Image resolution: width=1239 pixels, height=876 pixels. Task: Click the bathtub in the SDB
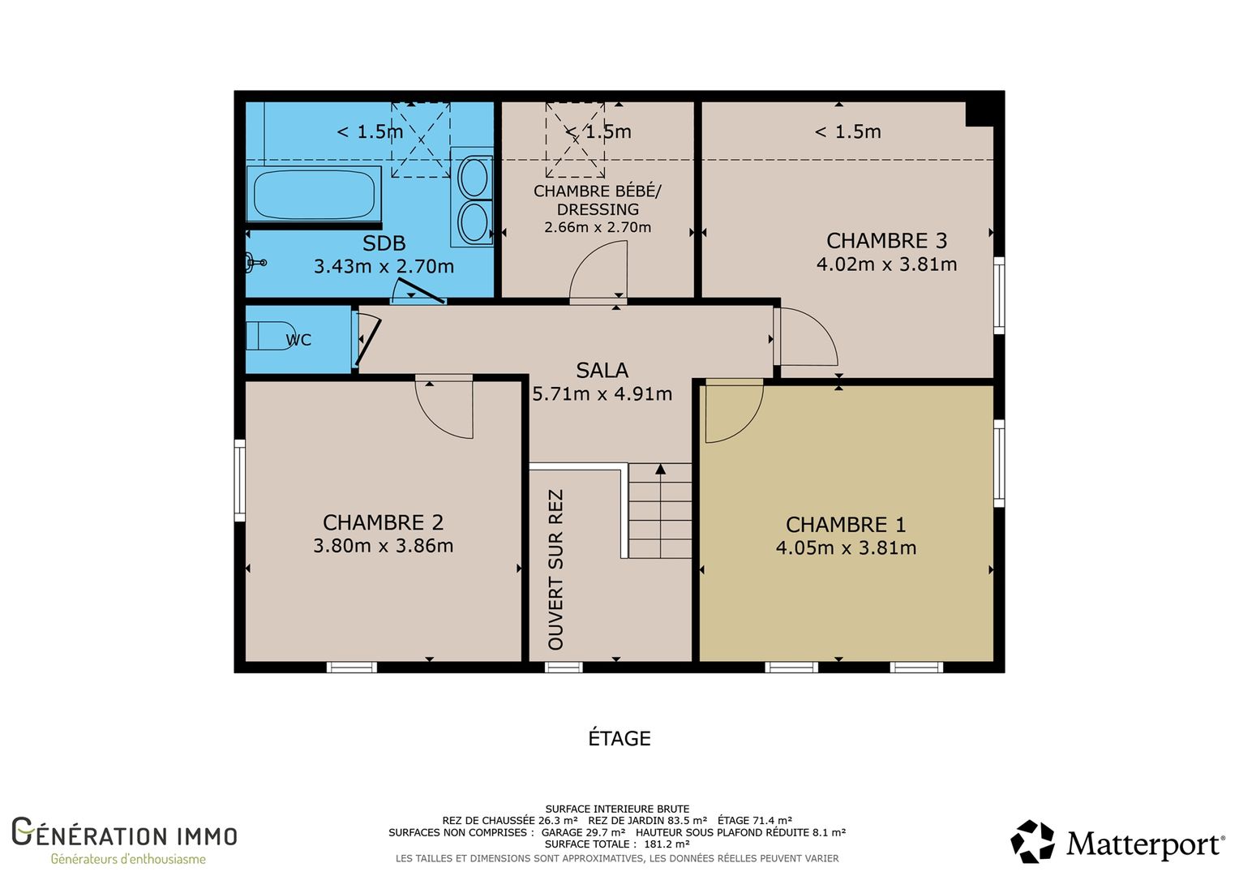(x=314, y=194)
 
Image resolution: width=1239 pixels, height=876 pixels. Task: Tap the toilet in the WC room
(x=271, y=336)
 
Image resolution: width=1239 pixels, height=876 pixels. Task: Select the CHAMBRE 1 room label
(x=846, y=525)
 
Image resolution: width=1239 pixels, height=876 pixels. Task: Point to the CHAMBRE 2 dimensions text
(x=384, y=546)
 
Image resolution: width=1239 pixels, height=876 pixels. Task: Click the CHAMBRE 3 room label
(x=886, y=241)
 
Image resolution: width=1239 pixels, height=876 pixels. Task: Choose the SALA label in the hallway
(x=602, y=370)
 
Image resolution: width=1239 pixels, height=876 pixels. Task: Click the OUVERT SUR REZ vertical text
(x=555, y=569)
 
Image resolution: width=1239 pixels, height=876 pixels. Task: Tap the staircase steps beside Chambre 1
(x=660, y=511)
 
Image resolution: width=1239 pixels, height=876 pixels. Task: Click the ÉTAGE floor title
(x=619, y=738)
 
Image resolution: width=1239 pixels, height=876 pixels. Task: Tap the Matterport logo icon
(x=1033, y=841)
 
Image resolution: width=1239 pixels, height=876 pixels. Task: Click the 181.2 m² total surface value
(x=667, y=844)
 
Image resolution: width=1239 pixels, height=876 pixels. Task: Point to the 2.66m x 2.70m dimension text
(x=598, y=227)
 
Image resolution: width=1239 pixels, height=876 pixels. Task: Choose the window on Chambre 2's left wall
(x=239, y=480)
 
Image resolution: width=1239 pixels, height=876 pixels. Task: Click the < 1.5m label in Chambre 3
(x=848, y=131)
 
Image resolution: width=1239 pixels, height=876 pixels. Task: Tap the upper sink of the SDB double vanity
(x=474, y=175)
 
